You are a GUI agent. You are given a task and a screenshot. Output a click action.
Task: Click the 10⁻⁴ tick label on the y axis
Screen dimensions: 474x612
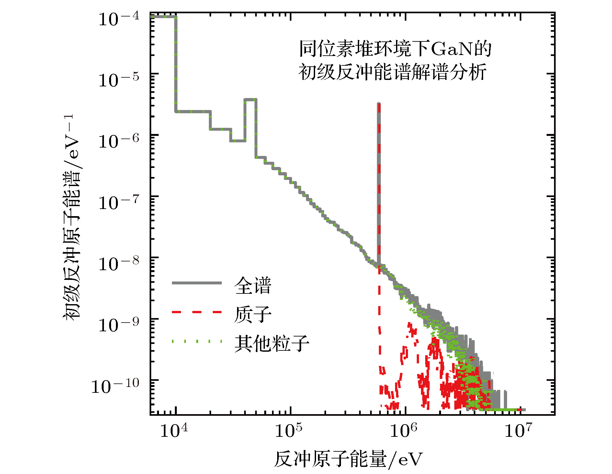click(x=119, y=19)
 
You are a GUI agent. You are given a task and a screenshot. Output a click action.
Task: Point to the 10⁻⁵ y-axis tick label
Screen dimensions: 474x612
click(x=119, y=80)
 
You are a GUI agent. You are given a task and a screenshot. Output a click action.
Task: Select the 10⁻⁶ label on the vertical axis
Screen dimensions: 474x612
click(x=119, y=141)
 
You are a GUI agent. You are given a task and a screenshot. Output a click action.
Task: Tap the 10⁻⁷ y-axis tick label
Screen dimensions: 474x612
click(x=119, y=203)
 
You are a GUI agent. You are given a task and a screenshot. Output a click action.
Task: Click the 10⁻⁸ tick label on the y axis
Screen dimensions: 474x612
click(x=119, y=264)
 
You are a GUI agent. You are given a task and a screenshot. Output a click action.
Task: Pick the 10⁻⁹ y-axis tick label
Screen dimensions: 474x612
click(x=119, y=325)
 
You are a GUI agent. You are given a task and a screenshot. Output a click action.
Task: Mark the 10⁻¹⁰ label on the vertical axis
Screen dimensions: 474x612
click(x=115, y=386)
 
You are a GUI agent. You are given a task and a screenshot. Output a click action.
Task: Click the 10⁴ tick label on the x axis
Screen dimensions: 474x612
click(x=174, y=431)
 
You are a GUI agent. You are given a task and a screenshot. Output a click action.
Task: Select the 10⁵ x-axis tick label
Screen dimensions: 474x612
click(x=289, y=431)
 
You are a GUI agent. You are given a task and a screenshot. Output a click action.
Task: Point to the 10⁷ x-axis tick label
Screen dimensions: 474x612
click(x=518, y=431)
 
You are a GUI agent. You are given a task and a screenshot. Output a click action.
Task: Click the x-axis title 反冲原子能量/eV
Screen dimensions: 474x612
click(x=348, y=459)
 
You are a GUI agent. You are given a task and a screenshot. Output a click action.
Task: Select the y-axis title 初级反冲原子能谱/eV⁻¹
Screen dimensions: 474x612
click(x=72, y=217)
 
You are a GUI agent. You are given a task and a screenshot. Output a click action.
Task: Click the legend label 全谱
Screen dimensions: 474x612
click(x=253, y=285)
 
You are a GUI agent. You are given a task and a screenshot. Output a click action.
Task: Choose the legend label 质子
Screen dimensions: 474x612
click(x=253, y=314)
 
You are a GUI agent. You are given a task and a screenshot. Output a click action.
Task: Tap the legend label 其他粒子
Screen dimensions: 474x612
click(x=272, y=343)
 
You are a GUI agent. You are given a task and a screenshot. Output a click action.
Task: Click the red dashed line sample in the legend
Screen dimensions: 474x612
click(x=197, y=312)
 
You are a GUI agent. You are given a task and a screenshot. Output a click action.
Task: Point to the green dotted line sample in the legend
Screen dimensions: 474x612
click(x=197, y=341)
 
